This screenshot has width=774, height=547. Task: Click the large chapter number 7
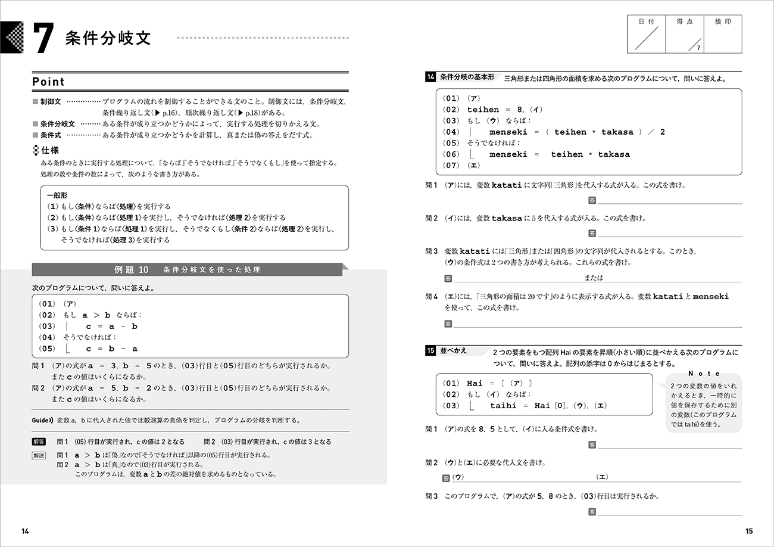[x=43, y=40]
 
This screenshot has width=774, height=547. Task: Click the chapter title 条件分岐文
[x=109, y=38]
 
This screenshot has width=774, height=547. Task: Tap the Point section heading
[x=48, y=82]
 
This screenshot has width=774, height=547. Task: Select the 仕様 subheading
[x=49, y=151]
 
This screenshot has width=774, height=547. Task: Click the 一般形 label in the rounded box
[x=57, y=195]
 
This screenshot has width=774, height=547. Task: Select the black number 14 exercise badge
[x=431, y=77]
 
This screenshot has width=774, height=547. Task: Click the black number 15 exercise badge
[x=431, y=351]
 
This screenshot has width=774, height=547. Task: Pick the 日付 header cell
[x=647, y=21]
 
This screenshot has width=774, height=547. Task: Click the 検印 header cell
[x=723, y=21]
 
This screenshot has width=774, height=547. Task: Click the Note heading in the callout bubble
[x=704, y=374]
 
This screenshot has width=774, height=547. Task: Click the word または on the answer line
[x=594, y=278]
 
